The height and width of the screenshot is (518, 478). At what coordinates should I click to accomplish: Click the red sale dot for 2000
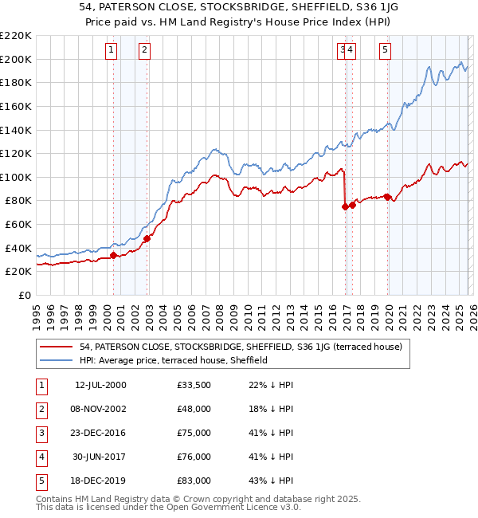coord(113,256)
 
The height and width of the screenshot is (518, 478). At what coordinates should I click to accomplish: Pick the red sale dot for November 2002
coord(147,237)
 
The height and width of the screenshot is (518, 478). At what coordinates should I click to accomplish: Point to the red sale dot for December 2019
coord(387,197)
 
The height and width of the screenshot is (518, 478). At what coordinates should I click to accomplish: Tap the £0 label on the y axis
coord(24,295)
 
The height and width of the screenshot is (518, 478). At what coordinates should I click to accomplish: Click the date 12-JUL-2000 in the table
coord(100,385)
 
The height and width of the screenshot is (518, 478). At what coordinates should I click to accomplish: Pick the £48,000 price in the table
coord(194,409)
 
